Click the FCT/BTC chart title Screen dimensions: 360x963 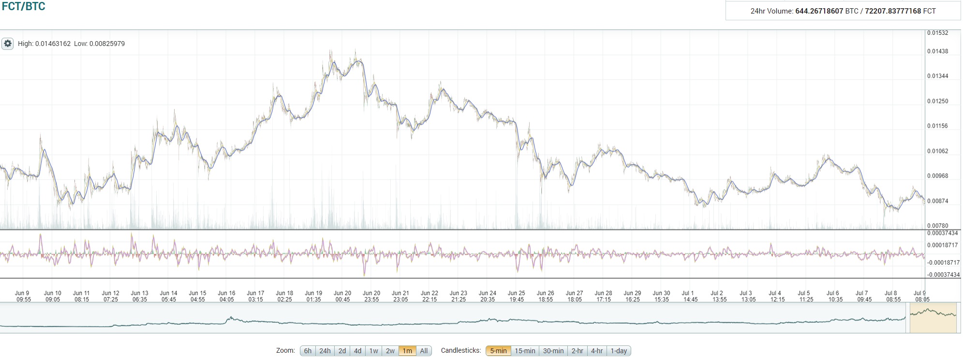tap(24, 6)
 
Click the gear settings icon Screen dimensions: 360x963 tap(8, 44)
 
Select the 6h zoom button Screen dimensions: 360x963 tap(308, 351)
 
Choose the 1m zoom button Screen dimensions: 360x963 tap(407, 351)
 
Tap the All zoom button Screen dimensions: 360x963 tap(424, 351)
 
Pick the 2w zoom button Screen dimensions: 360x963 tap(390, 351)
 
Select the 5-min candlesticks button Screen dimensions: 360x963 tap(498, 351)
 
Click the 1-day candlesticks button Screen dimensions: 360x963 tap(619, 351)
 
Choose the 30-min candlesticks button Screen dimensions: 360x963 tap(553, 351)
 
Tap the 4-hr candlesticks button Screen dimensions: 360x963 tap(596, 351)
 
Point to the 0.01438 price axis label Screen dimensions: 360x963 tap(937, 51)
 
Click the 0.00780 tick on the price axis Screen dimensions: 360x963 tap(937, 226)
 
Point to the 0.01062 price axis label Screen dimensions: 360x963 tap(937, 151)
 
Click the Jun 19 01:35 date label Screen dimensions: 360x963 tap(313, 296)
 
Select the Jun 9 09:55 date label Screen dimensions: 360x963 tap(23, 296)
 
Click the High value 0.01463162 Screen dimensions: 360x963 tap(53, 44)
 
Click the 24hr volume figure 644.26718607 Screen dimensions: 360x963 tap(819, 11)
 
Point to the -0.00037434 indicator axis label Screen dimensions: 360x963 tap(942, 275)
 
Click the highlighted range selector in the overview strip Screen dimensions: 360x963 tap(933, 317)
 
